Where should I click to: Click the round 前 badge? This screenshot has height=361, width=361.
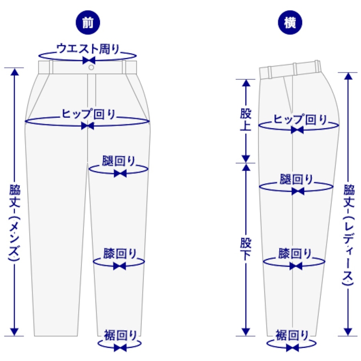click(x=88, y=23)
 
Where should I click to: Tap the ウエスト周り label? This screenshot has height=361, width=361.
click(x=88, y=49)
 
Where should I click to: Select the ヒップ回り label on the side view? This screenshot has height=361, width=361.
click(x=300, y=119)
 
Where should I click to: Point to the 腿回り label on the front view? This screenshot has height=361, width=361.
click(x=119, y=162)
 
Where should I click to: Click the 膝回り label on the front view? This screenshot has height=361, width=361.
click(x=120, y=254)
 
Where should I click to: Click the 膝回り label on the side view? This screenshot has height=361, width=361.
click(x=295, y=254)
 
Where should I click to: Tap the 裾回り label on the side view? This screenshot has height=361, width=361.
click(x=292, y=335)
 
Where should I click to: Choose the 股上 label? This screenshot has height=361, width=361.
click(x=246, y=120)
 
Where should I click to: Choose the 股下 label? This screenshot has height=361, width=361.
click(x=246, y=249)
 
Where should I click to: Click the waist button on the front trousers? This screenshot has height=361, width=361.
click(x=91, y=68)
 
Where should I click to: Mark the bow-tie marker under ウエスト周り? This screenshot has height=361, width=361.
click(x=88, y=60)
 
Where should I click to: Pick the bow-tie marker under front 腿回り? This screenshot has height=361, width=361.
click(x=120, y=173)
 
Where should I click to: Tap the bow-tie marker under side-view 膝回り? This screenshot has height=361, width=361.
click(x=296, y=266)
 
